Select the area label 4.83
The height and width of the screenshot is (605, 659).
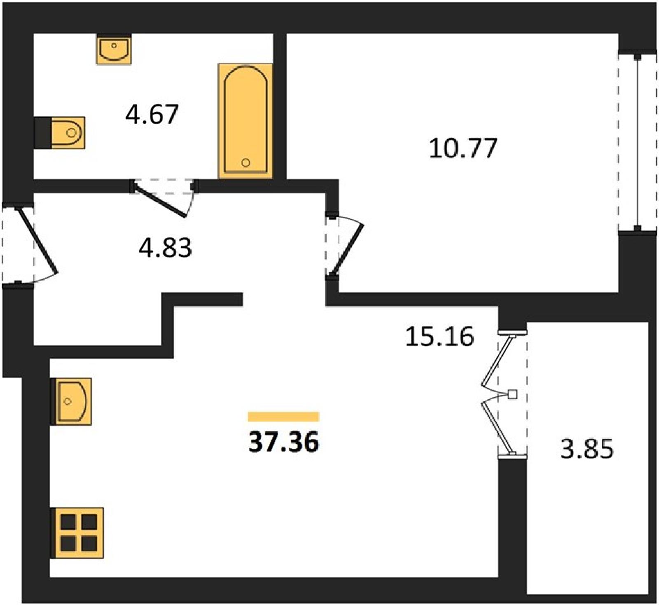tap(165, 248)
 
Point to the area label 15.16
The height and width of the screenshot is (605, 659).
tap(439, 336)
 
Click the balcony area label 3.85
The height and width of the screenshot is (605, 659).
tap(587, 448)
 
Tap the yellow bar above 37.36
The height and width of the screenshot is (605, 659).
tap(283, 417)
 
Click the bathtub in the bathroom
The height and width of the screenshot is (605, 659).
tap(245, 121)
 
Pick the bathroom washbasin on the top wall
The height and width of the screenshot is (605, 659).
tap(114, 49)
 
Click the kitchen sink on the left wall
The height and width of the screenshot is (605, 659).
tap(71, 401)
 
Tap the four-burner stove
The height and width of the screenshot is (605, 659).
tap(77, 533)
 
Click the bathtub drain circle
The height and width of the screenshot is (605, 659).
tap(246, 162)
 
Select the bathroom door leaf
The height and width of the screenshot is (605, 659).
tap(161, 200)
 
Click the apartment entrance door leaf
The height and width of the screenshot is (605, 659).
tap(37, 240)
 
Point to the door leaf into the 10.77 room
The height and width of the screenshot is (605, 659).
tap(347, 250)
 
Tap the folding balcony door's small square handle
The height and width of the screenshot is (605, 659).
tap(512, 395)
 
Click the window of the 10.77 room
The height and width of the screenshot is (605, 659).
tap(637, 141)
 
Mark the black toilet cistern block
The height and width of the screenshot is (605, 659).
tap(43, 133)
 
